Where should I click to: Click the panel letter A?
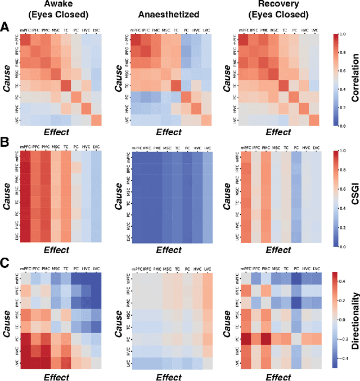pos(5,27)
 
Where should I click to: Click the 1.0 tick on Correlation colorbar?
pos(340,35)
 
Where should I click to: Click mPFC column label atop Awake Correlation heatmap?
pos(26,28)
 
